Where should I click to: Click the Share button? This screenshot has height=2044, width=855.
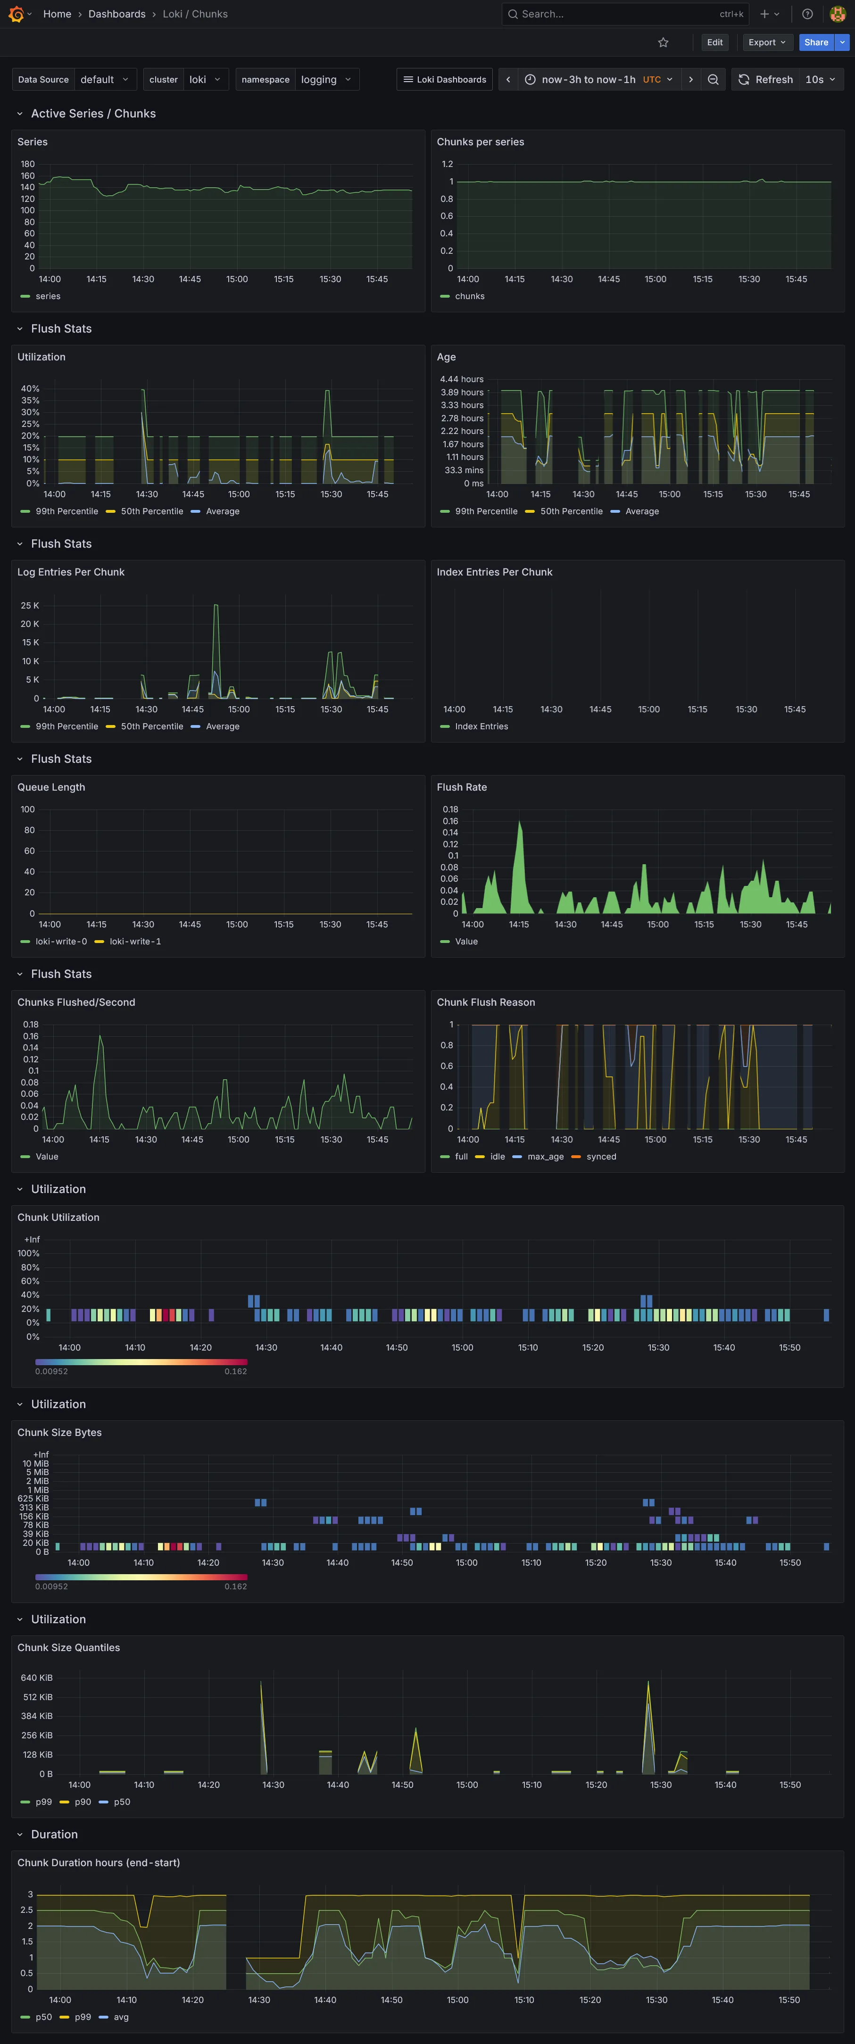click(x=815, y=42)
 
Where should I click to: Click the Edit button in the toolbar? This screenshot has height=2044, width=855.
click(x=714, y=42)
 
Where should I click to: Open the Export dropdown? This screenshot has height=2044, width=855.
click(x=766, y=42)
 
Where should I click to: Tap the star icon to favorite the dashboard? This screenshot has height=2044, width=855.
click(x=663, y=42)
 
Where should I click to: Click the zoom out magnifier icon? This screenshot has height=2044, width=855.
click(x=713, y=79)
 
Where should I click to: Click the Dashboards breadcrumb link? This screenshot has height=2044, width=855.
click(x=116, y=14)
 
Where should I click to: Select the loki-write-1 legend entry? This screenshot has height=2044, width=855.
click(x=135, y=941)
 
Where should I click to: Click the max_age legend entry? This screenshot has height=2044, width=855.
click(x=545, y=1156)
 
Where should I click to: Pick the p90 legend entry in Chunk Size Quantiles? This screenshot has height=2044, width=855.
click(x=83, y=1801)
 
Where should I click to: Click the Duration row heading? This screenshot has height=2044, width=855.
click(x=54, y=1834)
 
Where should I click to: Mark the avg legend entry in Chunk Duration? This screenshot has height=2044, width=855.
click(x=121, y=2016)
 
